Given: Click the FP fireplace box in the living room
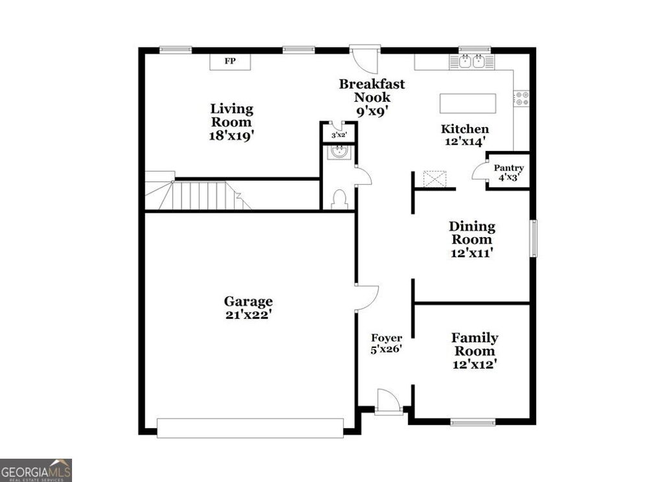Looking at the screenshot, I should pos(230,62).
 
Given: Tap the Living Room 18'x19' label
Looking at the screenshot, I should pos(231,122).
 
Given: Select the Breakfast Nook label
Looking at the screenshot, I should pos(372,97).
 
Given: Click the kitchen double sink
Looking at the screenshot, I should pos(471,62).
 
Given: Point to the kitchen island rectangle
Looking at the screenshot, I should pos(468,104).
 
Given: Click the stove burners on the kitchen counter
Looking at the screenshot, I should pos(521,99).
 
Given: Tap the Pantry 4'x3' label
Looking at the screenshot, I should pos(508,172).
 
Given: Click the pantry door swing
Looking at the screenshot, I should pos(480,172).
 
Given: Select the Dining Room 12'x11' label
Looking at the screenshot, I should pos(472,239).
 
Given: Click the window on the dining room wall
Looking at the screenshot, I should pos(533,238).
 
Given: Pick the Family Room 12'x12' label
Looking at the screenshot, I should pos(475,350).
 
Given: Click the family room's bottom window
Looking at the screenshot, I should pos(473,422).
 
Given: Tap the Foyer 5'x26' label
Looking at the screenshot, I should pos(386,343).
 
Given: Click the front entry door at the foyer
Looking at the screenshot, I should pos(388,402).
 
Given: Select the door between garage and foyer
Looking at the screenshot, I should pos(366,297).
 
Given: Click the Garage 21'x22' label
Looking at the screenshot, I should pos(248,308).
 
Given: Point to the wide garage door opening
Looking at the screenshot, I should pos(250,428).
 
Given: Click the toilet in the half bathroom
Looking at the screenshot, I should pos(339,200).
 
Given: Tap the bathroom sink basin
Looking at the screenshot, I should pos(339,152).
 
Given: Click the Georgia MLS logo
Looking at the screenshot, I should pos(36,470).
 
